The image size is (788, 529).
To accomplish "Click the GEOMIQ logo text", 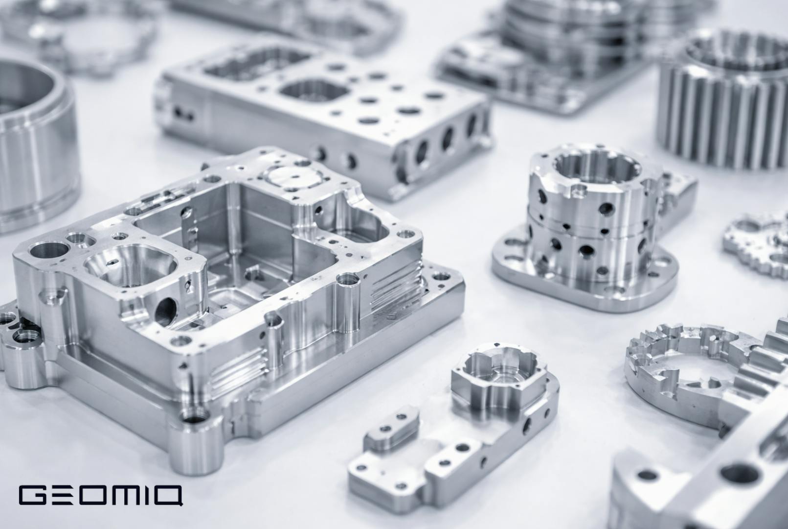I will (100, 495).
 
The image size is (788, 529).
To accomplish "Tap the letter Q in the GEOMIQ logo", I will (171, 495).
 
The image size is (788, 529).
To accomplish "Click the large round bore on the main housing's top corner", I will (48, 250).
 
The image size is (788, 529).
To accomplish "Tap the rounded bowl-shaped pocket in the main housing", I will (130, 267).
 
